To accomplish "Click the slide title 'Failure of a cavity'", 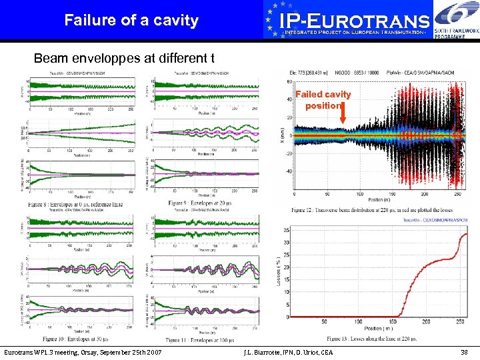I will pyautogui.click(x=131, y=20).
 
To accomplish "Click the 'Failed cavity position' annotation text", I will pyautogui.click(x=323, y=100).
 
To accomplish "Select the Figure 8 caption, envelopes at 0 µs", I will pyautogui.click(x=80, y=203).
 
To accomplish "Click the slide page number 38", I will pyautogui.click(x=465, y=351).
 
